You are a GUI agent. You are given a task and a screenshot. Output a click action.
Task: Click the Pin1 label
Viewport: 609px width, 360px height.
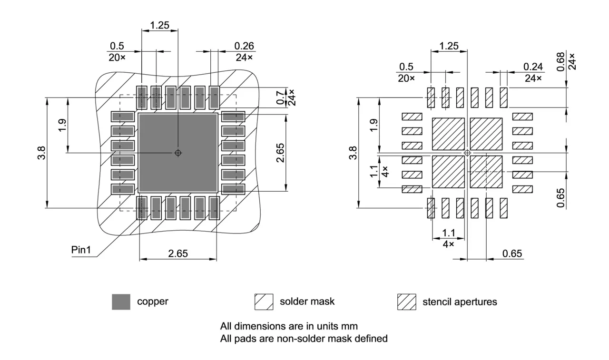81,250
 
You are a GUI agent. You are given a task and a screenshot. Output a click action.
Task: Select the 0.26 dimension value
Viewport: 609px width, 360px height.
244,46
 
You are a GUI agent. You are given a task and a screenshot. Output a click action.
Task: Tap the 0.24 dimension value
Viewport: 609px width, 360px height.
533,67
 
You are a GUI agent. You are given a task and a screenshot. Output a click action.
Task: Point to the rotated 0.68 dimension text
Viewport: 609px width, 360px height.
560,62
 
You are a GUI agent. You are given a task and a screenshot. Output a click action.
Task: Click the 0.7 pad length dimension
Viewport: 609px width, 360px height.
280,98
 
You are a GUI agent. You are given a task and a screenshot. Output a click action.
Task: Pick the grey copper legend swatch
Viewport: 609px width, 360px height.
121,302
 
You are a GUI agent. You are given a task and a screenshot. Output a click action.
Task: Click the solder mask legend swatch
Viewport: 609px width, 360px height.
264,302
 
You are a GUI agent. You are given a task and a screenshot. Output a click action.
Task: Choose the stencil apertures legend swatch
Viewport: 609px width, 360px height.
406,302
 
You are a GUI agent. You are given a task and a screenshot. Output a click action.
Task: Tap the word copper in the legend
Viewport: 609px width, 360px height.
153,302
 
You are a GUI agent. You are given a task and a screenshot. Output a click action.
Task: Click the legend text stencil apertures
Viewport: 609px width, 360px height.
460,302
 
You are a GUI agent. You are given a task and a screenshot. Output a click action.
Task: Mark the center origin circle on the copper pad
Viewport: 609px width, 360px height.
178,153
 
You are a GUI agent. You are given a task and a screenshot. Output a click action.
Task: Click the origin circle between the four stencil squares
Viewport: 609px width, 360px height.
467,153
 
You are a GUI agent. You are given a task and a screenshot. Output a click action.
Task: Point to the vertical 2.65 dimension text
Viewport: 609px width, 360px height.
280,153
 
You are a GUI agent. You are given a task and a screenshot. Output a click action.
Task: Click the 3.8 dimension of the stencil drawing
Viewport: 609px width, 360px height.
353,153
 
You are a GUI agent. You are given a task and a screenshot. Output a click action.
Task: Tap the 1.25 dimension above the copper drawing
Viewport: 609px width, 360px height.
159,25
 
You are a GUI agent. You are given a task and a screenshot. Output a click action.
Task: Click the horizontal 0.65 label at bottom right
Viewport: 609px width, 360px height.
512,253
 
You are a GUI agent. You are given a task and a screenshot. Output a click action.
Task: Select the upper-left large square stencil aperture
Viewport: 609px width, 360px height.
448,134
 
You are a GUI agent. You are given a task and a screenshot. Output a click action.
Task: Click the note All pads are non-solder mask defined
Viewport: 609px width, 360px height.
304,339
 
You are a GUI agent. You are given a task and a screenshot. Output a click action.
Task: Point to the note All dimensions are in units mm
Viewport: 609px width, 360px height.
289,326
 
